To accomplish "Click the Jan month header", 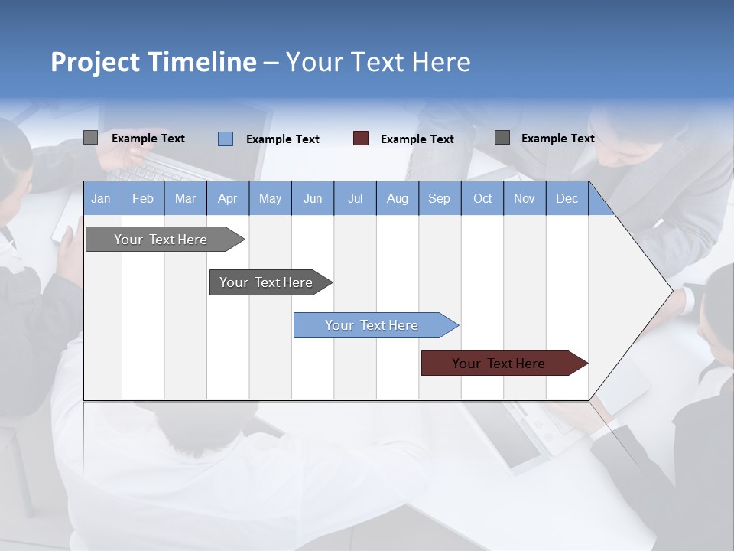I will tap(101, 198).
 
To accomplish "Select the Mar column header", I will tap(185, 198).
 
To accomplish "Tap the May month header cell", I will tap(270, 198).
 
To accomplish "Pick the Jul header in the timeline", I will tap(355, 198).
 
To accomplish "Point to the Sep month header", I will tap(439, 198).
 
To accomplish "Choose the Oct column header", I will tap(482, 198).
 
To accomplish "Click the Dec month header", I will tap(567, 198).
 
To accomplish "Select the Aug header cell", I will tap(397, 198).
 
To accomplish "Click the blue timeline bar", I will tap(372, 325).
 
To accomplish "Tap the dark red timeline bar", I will tap(499, 364).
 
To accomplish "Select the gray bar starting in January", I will tap(161, 240).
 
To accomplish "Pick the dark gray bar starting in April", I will tap(266, 282).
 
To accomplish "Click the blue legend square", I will tap(226, 139).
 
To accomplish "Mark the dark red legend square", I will tap(361, 139).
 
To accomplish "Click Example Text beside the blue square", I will tap(283, 139).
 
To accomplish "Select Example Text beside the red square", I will tap(417, 139).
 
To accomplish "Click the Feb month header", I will tap(143, 198).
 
